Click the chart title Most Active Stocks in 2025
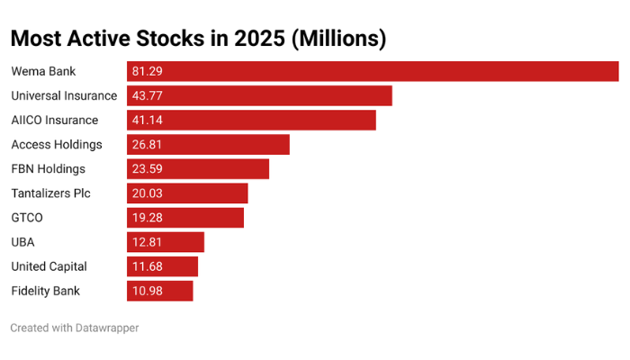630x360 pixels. coord(198,39)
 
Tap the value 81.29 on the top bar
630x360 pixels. coord(147,71)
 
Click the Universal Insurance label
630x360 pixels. coord(64,95)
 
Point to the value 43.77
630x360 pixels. coord(147,95)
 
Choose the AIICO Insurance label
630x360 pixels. coord(54,120)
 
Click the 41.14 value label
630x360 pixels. coord(147,120)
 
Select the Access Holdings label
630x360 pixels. coord(57,144)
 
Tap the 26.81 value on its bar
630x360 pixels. coord(147,144)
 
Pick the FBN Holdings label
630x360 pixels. coord(49,168)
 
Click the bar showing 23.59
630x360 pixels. coord(198,168)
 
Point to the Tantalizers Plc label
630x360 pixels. coord(51,193)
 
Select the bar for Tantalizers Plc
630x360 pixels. coord(187,193)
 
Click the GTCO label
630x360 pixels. coord(27,218)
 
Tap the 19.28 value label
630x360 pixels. coord(147,218)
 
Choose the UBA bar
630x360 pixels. coord(166,242)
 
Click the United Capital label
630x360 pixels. coord(49,266)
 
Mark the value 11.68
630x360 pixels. coord(147,266)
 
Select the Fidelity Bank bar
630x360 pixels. coord(160,291)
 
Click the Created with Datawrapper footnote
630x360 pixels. coord(75,328)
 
